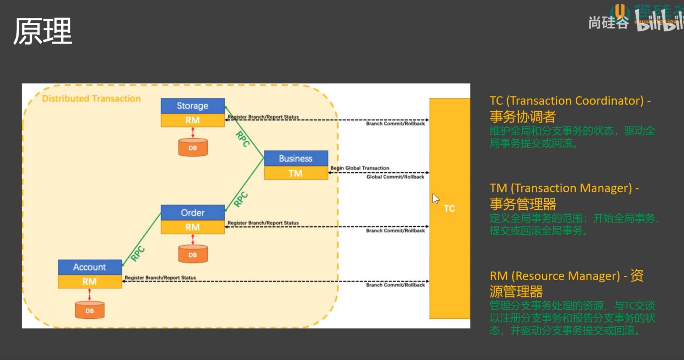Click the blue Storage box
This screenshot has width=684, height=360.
[192, 106]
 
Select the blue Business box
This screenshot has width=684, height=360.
[296, 158]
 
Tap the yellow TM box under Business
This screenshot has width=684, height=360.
[296, 173]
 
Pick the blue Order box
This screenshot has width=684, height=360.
[192, 213]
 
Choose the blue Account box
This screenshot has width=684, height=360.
[90, 267]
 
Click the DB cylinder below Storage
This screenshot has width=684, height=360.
[193, 147]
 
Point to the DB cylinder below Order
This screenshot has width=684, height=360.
[193, 255]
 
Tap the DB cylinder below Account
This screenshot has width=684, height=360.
[89, 310]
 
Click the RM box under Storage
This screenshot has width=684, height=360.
[192, 120]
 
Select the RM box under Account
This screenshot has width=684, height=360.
[90, 282]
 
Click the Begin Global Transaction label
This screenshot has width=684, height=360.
[360, 168]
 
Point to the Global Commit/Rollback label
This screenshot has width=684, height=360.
[395, 177]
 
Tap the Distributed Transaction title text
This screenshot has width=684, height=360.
[91, 99]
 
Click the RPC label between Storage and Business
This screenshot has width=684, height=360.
[243, 139]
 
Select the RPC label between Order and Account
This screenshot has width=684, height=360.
[138, 254]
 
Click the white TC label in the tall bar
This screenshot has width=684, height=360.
[449, 209]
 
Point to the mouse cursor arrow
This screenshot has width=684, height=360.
[435, 198]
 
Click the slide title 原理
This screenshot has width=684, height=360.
[43, 31]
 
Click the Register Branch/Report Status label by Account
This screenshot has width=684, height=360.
[160, 278]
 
